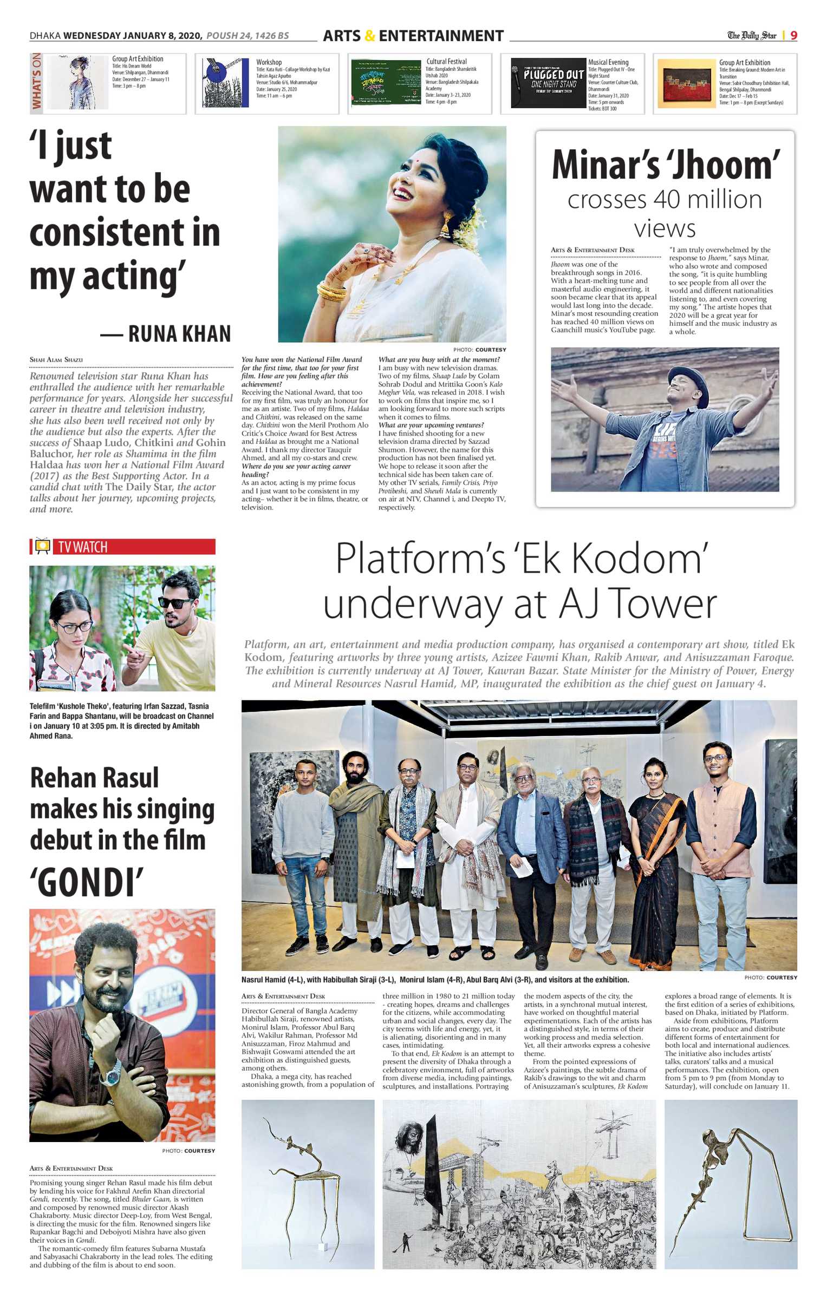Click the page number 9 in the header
click(793, 35)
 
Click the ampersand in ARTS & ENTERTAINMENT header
click(370, 36)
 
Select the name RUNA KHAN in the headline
click(179, 334)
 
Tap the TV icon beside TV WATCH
click(42, 546)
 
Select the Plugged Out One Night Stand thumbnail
click(548, 83)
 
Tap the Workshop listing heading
click(269, 62)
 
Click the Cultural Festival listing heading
click(446, 62)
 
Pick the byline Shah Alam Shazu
click(56, 359)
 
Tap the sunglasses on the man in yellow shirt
click(175, 603)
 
